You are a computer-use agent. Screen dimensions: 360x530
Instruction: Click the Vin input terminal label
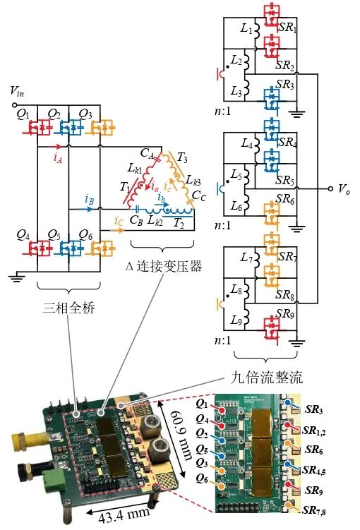pos(17,91)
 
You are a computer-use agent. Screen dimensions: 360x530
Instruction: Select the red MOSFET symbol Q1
pos(37,128)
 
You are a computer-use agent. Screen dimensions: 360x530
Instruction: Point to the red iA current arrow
pos(55,147)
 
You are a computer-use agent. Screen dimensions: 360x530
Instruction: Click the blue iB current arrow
pos(86,209)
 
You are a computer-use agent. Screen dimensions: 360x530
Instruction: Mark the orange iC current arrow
pos(117,231)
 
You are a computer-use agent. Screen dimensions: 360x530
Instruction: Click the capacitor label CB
pos(136,220)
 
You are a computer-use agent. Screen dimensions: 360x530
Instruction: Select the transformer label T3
pos(182,157)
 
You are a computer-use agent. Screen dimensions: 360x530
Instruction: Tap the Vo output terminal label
pos(344,189)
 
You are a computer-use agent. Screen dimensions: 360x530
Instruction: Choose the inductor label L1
pos(246,28)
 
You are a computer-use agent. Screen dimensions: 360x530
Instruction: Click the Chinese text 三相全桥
pos(69,308)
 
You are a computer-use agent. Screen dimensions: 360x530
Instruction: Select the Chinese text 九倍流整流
pos(266,378)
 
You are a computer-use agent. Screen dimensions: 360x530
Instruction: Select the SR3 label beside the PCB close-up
pos(314,409)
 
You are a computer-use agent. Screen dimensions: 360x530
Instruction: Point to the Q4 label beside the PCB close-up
pos(202,419)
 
